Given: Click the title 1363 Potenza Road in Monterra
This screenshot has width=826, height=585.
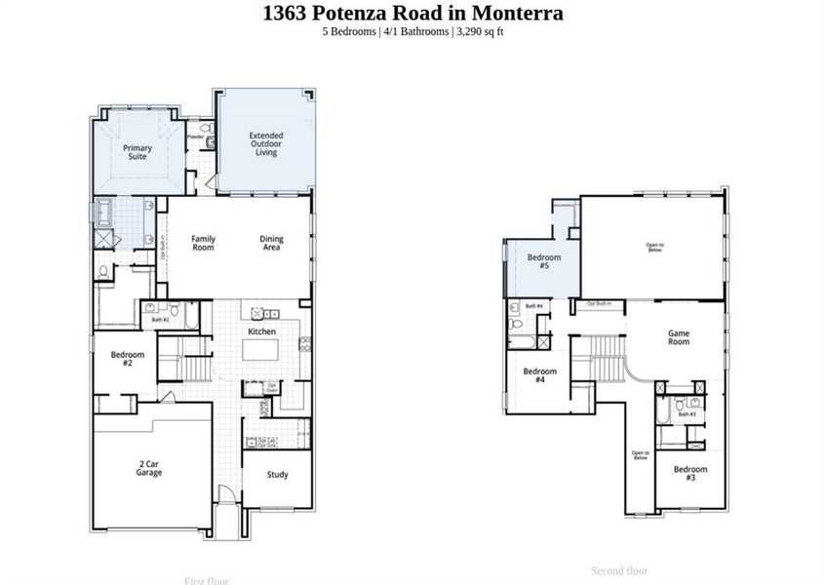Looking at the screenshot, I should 413,14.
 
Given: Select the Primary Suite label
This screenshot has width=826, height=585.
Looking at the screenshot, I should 137,152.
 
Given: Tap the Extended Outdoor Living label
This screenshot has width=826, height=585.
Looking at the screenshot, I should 265,143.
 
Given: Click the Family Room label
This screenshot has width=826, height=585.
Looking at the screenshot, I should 203,243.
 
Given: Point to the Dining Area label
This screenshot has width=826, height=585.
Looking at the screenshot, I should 270,243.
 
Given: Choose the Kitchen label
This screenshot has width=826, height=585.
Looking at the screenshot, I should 261,331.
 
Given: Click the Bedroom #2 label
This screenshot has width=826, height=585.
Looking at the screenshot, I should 127,359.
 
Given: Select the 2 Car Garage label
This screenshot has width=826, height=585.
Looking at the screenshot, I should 148,468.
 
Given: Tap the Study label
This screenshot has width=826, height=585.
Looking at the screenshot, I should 278,475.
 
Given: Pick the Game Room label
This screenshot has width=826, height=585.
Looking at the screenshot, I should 679,337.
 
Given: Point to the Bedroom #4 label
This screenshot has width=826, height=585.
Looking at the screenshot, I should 539,375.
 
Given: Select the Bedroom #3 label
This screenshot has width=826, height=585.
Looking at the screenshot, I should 690,474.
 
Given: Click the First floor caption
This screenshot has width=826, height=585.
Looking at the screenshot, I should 207,581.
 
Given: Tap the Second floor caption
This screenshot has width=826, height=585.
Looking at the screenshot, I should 619,570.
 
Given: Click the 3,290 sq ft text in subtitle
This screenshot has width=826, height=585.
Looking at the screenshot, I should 479,31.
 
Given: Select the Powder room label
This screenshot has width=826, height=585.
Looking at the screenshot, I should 195,137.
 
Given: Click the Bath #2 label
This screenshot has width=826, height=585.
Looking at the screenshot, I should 160,319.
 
